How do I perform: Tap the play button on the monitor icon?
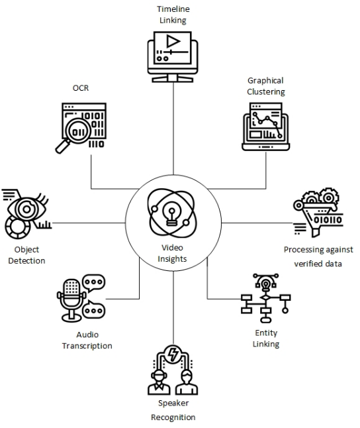173,42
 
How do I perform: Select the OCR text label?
81,87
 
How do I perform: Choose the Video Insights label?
172,252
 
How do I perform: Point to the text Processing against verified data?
318,256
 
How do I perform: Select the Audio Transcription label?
87,340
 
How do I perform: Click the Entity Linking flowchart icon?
265,298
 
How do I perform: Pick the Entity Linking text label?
266,338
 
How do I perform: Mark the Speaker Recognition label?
173,410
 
